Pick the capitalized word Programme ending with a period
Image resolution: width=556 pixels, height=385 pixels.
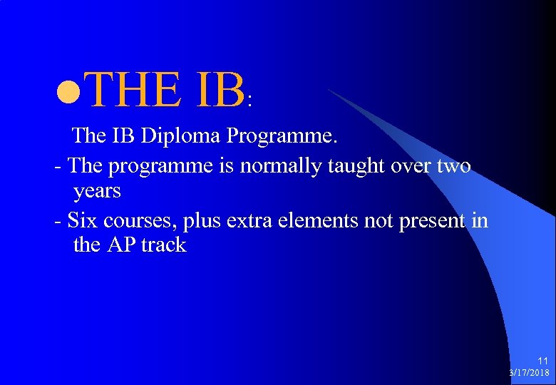(x=282, y=135)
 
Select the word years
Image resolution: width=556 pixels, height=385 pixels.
(x=97, y=191)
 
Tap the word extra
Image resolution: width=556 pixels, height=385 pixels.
(x=250, y=221)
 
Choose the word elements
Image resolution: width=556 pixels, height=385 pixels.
(x=316, y=221)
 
